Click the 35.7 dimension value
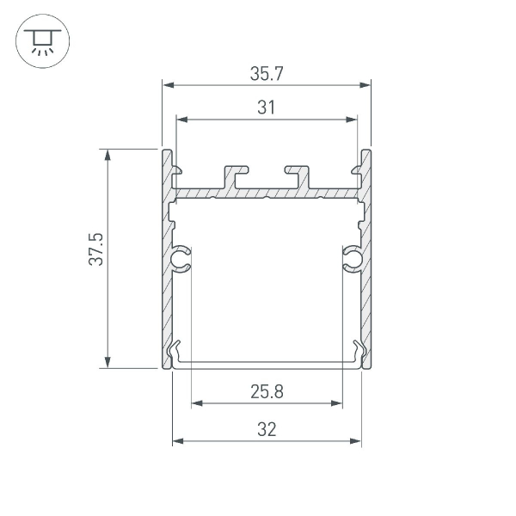point(267,74)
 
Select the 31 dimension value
point(267,107)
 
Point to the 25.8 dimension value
point(267,392)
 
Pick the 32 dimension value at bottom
point(267,430)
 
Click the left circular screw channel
point(181,258)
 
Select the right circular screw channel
point(353,258)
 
